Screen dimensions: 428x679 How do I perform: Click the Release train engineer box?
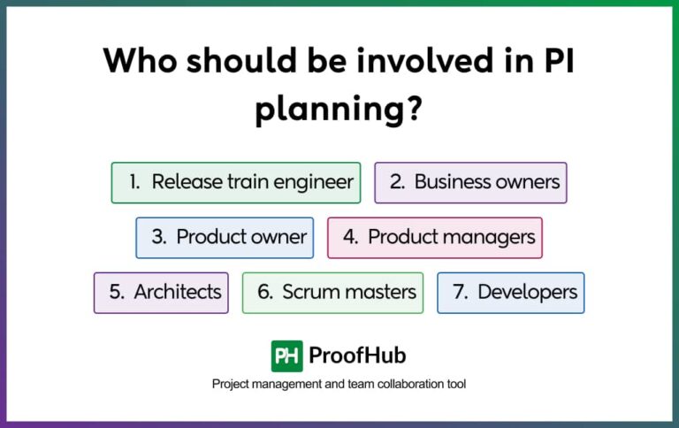tap(235, 182)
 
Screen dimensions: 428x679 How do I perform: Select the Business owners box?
tap(470, 182)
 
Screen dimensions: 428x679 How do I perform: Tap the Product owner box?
tap(225, 237)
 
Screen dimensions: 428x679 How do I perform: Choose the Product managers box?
tap(434, 237)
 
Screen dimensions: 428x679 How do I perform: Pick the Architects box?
tap(161, 292)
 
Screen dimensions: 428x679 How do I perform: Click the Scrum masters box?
tap(332, 292)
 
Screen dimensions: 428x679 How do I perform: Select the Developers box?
tap(510, 292)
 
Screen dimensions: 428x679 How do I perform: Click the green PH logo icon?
tap(287, 355)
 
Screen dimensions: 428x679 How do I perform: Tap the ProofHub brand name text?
tap(357, 355)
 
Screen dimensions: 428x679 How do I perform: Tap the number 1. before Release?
tap(134, 182)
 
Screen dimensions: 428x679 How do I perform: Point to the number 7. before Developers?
tap(460, 292)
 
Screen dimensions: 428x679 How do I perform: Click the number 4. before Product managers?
tap(350, 237)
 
